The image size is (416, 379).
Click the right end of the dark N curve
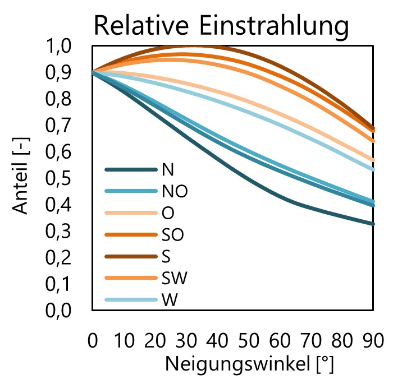[x=373, y=224]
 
